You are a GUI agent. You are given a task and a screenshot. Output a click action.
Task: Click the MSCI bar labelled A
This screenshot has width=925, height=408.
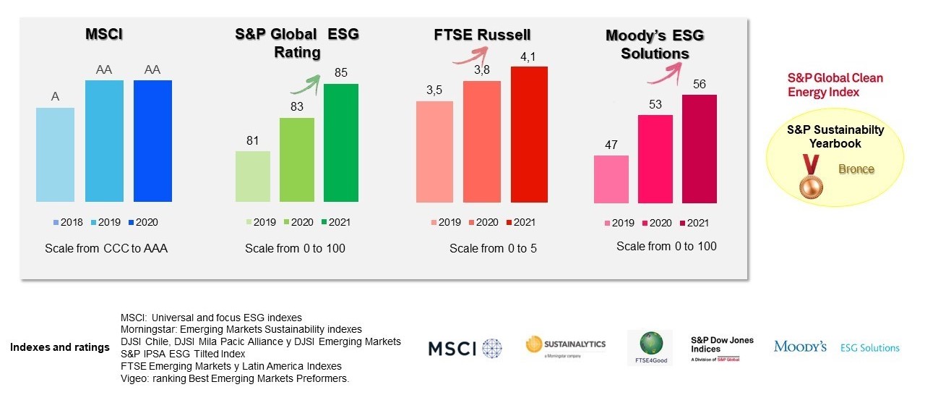pos(55,155)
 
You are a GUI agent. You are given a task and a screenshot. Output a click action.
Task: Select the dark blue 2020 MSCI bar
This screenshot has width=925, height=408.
pos(152,141)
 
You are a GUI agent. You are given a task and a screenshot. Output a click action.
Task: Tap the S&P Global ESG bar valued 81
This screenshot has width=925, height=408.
pos(252,177)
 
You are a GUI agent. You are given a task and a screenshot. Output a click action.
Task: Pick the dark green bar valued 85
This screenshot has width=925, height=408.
pos(340,143)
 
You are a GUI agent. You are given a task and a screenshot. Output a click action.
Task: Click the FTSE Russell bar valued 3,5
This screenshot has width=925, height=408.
pos(434,152)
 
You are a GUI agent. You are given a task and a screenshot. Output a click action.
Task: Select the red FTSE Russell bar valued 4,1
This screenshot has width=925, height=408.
pos(529,135)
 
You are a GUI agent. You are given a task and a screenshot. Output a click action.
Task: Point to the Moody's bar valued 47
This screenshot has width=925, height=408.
pos(611,179)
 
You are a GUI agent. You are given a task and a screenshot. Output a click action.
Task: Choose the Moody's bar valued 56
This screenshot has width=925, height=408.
pos(699,148)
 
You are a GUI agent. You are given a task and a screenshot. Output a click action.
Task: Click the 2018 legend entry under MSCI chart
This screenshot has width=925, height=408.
pos(68,222)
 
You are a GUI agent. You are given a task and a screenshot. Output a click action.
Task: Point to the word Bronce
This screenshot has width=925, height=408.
pos(856,169)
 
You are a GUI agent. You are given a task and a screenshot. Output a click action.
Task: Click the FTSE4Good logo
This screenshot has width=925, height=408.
pos(650,348)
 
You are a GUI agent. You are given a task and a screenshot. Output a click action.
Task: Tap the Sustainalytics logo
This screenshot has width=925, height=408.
pos(566,346)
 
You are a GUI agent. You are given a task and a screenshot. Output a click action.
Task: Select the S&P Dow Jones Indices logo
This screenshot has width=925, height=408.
pos(722,349)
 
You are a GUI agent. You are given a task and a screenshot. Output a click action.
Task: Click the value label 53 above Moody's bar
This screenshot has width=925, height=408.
pos(655,105)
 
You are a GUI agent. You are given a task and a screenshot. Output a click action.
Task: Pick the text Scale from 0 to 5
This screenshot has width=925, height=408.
pos(493,248)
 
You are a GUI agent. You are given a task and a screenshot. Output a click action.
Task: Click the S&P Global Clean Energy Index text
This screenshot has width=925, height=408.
pos(835,85)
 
